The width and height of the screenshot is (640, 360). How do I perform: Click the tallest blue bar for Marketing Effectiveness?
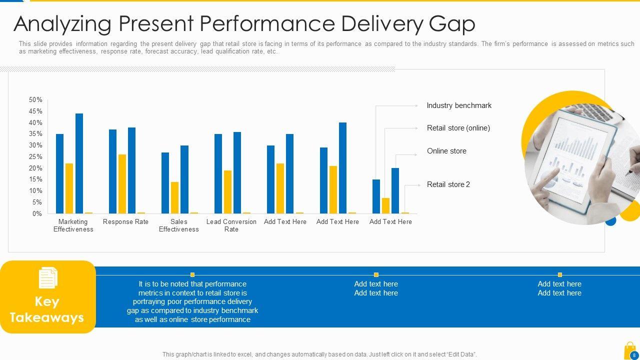click(79, 163)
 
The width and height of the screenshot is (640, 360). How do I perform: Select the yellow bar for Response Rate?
click(122, 183)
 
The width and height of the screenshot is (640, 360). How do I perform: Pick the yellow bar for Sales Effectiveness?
click(174, 197)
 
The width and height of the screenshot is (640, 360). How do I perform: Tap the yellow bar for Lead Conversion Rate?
click(227, 191)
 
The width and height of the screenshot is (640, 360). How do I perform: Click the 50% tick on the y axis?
click(35, 100)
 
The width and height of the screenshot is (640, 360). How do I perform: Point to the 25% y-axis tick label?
click(35, 157)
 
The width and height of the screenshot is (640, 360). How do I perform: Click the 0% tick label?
click(37, 214)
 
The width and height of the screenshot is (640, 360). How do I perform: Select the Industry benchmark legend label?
click(459, 105)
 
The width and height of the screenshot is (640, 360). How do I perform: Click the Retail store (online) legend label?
click(458, 128)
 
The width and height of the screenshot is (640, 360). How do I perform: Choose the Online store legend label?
click(446, 151)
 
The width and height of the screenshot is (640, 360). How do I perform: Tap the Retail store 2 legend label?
click(448, 184)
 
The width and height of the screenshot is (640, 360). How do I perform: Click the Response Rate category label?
click(125, 222)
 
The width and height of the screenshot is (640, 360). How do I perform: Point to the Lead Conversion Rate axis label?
click(231, 225)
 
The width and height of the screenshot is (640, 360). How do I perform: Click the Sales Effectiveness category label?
click(179, 225)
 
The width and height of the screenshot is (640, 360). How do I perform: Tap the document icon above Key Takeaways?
click(48, 278)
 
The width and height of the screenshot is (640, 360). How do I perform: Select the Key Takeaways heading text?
click(47, 309)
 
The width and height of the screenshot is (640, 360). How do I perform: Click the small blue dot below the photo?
click(610, 220)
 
